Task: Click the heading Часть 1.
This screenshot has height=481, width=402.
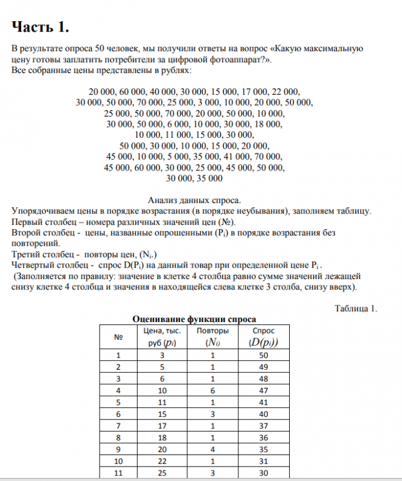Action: point(40,28)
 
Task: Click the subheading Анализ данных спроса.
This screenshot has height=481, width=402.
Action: point(194,200)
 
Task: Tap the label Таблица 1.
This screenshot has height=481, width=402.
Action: point(356,308)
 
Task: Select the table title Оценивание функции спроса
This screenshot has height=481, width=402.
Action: point(194,319)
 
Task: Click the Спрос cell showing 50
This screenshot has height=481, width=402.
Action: point(263,355)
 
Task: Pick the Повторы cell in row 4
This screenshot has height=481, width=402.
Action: point(212,390)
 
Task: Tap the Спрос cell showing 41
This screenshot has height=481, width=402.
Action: point(263,401)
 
